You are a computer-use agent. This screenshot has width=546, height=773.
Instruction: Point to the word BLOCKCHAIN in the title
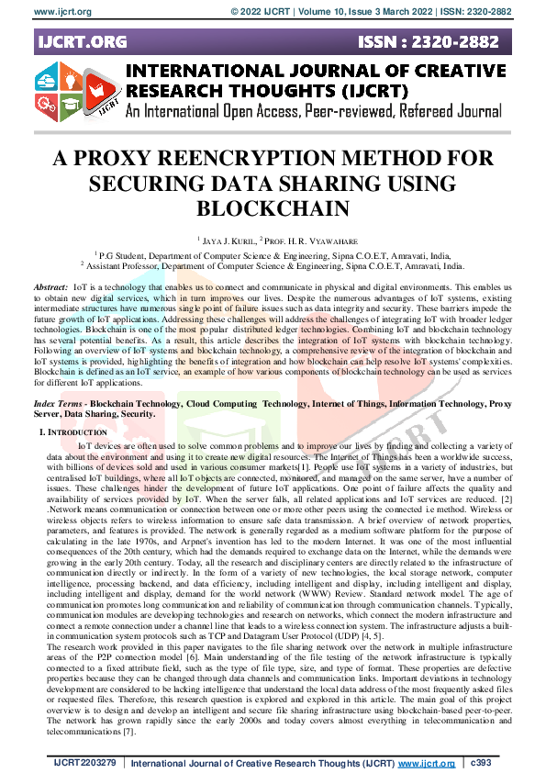click(273, 207)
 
